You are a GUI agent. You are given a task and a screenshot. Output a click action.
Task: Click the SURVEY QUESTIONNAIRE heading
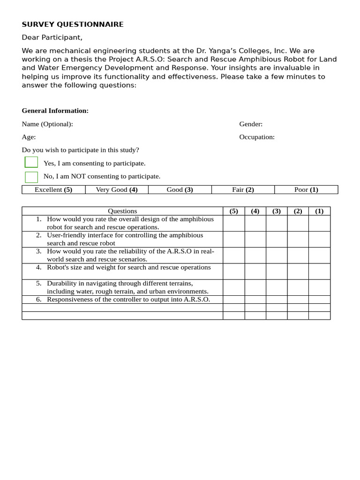(x=73, y=24)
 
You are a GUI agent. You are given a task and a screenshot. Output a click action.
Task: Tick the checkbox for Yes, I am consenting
(x=31, y=162)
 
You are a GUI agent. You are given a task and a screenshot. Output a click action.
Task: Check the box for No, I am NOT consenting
(x=31, y=177)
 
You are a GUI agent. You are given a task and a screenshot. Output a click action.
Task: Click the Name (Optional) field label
(x=47, y=124)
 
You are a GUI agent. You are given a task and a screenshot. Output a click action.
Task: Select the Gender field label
(x=251, y=124)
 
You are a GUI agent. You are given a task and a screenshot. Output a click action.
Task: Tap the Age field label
(x=29, y=137)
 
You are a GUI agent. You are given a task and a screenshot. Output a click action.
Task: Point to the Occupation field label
(x=257, y=137)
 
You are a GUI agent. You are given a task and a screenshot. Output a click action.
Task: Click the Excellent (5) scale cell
(x=53, y=190)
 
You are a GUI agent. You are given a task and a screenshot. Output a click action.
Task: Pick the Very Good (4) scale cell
(x=117, y=190)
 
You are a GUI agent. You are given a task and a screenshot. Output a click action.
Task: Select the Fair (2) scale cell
(x=243, y=190)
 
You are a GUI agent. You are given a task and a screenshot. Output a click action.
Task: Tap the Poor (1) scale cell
(x=306, y=190)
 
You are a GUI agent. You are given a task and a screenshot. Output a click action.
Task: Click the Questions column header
(x=122, y=211)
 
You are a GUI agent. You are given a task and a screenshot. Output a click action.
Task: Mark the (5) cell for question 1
(x=233, y=223)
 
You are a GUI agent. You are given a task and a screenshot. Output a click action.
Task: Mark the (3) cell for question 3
(x=277, y=255)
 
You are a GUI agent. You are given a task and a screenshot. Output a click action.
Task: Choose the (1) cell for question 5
(x=319, y=287)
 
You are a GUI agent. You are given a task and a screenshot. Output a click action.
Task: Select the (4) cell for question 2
(x=255, y=239)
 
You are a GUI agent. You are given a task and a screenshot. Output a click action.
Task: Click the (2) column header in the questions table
(x=298, y=211)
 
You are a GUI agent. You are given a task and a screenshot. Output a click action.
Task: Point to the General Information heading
(x=55, y=111)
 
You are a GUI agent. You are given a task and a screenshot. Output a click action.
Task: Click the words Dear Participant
(x=52, y=37)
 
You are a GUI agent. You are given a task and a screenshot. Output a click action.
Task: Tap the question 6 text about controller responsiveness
(x=128, y=300)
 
